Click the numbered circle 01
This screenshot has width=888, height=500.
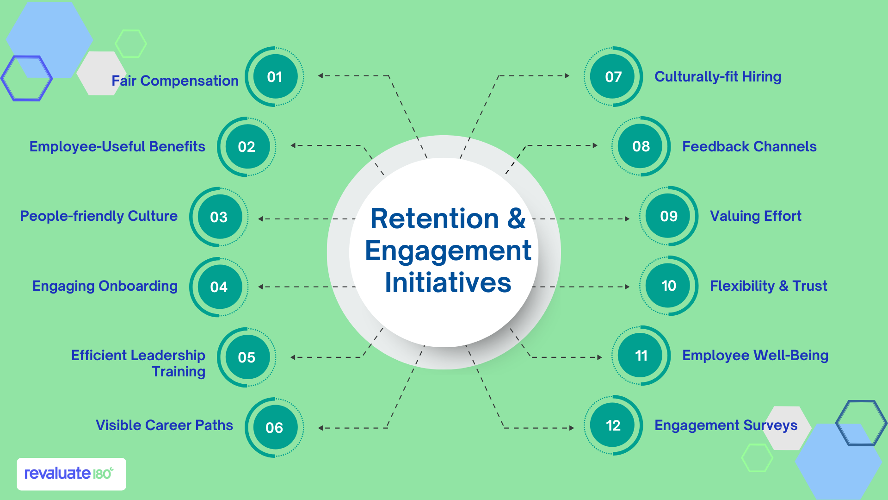(x=275, y=77)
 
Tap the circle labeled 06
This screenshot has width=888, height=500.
(x=274, y=427)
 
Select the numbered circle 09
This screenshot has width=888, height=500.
(x=669, y=216)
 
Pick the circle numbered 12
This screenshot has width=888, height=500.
(x=613, y=425)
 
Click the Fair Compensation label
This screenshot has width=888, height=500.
(x=175, y=81)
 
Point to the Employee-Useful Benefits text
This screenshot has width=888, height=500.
(x=117, y=147)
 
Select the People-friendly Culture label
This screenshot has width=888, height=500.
(x=99, y=216)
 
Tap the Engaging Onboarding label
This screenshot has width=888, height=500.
(x=105, y=286)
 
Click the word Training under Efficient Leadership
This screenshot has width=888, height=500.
(x=179, y=372)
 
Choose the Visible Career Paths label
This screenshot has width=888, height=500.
(x=164, y=425)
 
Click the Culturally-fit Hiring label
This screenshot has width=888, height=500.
(x=718, y=77)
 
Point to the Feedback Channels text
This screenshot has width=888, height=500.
(x=749, y=147)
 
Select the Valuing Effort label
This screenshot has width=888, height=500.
(x=755, y=216)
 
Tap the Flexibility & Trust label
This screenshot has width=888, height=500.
(x=768, y=286)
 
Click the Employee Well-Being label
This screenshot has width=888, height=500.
(x=755, y=356)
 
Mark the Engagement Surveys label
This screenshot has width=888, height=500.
(x=726, y=425)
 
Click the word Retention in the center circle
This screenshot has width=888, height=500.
(x=434, y=219)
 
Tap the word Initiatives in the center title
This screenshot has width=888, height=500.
(x=448, y=283)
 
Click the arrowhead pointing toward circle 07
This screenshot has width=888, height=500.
(x=567, y=75)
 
